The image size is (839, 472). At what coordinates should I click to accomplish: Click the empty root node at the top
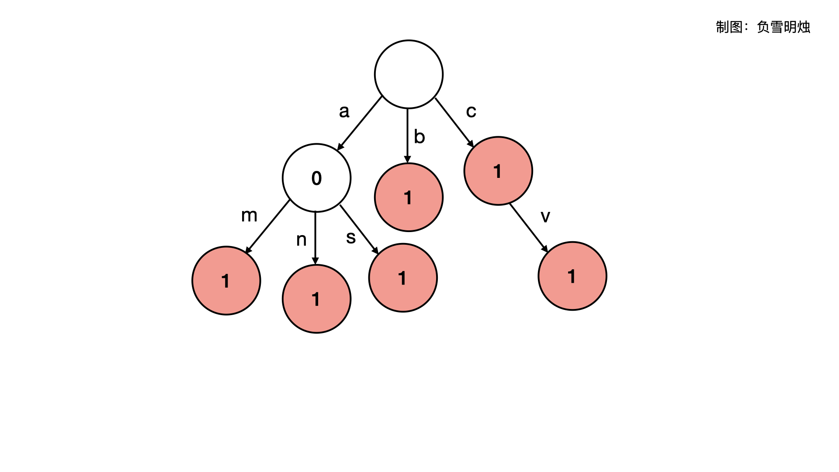(409, 74)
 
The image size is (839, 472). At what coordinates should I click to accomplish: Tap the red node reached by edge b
(409, 197)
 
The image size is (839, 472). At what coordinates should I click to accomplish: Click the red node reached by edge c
(498, 171)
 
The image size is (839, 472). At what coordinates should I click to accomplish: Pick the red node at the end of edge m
(226, 281)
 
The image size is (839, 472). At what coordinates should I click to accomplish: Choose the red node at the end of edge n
(316, 299)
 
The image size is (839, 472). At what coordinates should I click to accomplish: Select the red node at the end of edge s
(403, 278)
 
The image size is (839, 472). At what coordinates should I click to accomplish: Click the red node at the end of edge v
(572, 276)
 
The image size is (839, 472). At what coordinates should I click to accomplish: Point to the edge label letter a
(344, 111)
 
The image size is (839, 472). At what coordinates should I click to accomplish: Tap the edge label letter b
(419, 137)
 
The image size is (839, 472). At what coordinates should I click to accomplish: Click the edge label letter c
(471, 111)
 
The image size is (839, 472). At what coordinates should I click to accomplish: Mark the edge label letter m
(249, 215)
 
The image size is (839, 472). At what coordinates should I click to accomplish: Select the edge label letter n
(301, 239)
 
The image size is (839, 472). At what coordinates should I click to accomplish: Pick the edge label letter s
(351, 237)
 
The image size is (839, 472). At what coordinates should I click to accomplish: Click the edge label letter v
(545, 216)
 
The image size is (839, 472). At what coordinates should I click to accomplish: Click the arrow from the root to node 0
(360, 123)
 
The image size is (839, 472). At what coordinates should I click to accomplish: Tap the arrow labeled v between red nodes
(528, 227)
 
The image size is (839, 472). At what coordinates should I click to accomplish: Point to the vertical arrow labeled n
(315, 238)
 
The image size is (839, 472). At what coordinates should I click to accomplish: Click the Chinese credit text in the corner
(763, 27)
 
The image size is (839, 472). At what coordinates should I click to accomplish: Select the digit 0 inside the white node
(316, 178)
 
